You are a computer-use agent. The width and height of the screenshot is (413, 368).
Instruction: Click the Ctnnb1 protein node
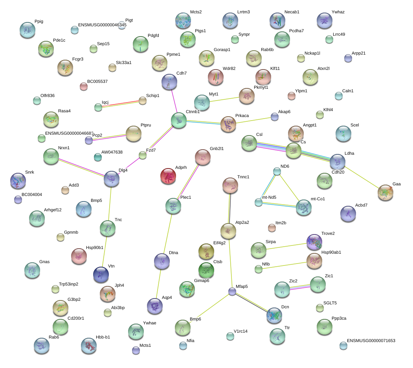click(x=178, y=120)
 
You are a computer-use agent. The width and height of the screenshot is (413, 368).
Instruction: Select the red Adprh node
click(x=168, y=176)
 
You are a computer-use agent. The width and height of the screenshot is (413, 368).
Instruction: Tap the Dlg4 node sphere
click(x=112, y=179)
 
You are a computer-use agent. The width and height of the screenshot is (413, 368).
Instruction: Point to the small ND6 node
click(x=277, y=171)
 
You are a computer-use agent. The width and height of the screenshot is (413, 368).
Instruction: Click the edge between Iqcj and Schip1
click(x=120, y=104)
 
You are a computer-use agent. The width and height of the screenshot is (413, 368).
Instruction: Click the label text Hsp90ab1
click(x=331, y=252)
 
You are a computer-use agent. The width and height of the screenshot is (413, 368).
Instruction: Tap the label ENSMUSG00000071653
click(x=371, y=341)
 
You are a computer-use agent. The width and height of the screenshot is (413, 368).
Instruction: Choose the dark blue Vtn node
click(x=101, y=275)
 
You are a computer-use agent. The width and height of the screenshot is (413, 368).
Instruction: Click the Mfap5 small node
click(x=232, y=291)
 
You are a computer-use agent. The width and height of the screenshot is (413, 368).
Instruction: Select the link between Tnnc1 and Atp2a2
click(x=229, y=208)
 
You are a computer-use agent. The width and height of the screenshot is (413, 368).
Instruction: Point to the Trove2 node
click(x=314, y=242)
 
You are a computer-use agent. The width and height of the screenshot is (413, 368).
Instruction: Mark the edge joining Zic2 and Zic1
click(x=300, y=287)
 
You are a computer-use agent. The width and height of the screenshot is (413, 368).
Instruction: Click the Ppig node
click(x=28, y=30)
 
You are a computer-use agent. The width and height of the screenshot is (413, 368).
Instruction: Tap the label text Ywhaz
click(x=338, y=12)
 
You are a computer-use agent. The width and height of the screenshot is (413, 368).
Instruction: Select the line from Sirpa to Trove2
click(x=286, y=246)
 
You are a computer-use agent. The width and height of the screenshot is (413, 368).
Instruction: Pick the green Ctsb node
click(x=206, y=270)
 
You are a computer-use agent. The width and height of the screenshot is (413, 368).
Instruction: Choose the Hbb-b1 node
click(x=89, y=346)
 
